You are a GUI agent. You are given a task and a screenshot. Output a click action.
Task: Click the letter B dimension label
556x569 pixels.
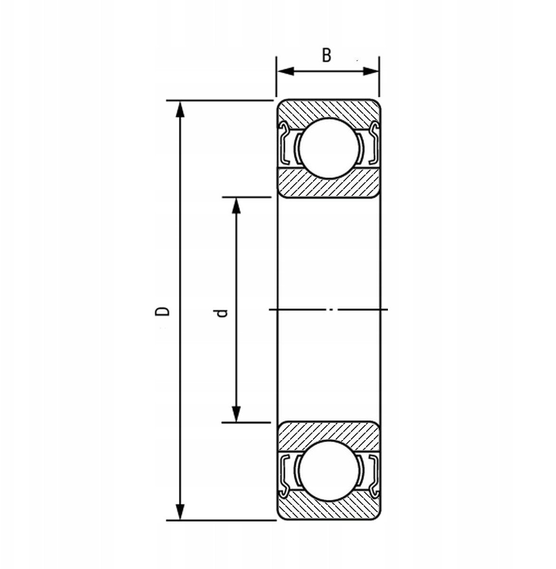(327, 55)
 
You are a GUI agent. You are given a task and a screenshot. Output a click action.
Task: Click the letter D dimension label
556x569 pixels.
(162, 311)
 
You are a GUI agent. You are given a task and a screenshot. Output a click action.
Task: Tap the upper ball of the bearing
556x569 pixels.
(329, 148)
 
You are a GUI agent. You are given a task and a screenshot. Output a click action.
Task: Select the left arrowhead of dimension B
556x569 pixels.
(286, 71)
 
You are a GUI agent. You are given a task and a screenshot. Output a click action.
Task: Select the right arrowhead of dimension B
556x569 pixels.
(370, 71)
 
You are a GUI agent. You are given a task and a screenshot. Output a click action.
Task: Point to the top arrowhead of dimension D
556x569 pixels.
(180, 110)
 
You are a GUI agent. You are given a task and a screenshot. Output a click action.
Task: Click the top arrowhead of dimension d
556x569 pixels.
(236, 206)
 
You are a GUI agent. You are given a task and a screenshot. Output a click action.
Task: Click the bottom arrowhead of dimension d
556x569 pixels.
(236, 414)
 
